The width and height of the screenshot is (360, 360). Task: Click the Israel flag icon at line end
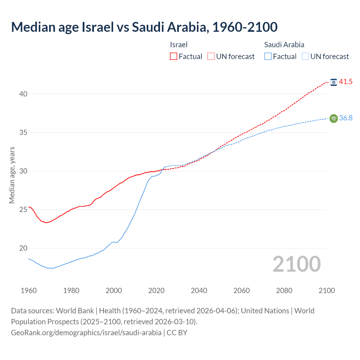pos(334,82)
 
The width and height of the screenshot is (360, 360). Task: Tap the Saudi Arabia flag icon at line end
pos(334,118)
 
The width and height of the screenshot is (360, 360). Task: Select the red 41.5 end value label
pos(346,82)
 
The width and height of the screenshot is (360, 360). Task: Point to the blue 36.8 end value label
pos(346,118)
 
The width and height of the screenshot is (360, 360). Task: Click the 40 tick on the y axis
pos(23,94)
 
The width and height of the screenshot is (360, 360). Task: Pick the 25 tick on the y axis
pos(23,210)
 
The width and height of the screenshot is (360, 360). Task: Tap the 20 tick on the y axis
pos(23,248)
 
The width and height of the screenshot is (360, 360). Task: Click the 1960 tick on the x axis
pos(29,291)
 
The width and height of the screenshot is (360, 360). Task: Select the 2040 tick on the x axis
pos(199,291)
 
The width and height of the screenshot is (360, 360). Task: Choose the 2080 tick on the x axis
pos(284,291)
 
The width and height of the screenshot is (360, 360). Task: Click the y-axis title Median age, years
pos(12,175)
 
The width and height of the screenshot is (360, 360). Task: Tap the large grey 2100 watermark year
pos(297,264)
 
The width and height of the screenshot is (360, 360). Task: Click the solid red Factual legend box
pos(174,57)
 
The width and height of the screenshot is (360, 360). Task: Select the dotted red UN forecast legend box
pos(211,57)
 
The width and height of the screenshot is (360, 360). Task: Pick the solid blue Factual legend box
pos(268,57)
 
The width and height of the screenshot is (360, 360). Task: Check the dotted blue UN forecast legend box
pos(305,57)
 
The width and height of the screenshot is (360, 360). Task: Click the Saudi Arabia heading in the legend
pos(284,45)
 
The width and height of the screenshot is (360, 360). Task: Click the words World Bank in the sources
pos(75,311)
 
